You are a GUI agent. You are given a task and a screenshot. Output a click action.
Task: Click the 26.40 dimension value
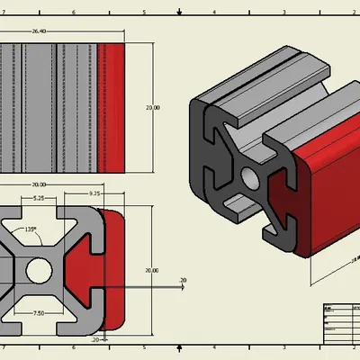(40, 31)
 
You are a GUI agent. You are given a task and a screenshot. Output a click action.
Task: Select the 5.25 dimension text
(39, 198)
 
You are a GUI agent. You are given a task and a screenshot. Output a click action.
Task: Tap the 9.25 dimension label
(94, 193)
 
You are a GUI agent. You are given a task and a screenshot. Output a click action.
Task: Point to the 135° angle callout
(31, 229)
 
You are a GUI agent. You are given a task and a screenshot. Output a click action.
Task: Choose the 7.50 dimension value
(39, 313)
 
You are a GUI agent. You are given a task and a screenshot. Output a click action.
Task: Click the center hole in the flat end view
(39, 269)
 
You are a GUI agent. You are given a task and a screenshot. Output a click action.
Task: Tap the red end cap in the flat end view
(110, 270)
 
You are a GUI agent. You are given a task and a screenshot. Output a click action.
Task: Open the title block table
(339, 323)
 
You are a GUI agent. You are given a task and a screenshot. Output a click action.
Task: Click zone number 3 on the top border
(283, 13)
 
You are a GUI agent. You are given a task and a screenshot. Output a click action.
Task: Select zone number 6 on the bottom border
(75, 346)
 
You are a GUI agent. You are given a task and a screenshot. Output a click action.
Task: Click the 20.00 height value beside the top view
(153, 107)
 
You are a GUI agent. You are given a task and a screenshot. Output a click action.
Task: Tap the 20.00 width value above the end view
(39, 184)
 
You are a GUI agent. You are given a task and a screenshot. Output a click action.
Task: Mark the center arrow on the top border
(180, 11)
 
